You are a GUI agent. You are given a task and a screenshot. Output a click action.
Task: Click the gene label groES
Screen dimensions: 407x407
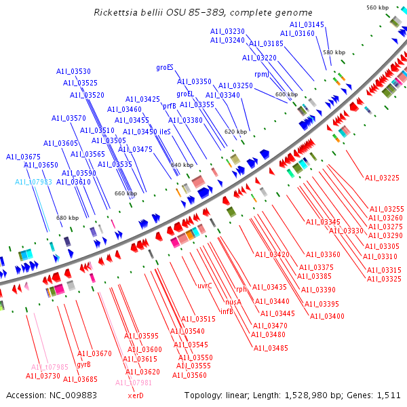(165, 67)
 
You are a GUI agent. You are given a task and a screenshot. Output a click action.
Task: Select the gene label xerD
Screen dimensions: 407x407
(136, 395)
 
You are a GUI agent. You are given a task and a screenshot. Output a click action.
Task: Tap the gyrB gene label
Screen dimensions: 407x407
(83, 364)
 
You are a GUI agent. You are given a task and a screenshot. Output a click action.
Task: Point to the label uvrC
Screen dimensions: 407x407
(205, 286)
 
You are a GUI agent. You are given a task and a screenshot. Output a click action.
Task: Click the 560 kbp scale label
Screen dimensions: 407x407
(377, 7)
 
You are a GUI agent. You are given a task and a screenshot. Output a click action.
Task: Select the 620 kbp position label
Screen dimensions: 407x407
(235, 132)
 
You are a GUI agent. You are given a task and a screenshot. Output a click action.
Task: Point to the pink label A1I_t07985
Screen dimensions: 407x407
(50, 367)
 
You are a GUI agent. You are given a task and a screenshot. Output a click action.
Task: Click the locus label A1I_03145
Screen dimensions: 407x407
(307, 24)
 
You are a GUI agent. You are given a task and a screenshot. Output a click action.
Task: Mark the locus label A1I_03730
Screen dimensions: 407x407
(43, 376)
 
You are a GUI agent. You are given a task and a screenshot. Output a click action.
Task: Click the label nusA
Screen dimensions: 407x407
(233, 302)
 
